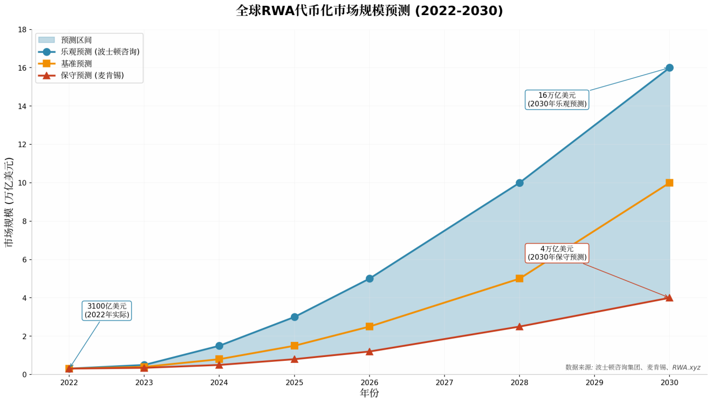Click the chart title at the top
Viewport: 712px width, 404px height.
369,11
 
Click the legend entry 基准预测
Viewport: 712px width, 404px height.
76,64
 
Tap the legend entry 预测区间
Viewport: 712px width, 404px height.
76,40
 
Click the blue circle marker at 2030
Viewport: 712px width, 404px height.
669,68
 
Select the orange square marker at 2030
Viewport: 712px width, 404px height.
669,183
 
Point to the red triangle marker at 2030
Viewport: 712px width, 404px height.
669,298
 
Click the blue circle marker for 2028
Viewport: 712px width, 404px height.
519,183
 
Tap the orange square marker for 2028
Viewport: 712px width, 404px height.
519,279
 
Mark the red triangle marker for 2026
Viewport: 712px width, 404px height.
369,352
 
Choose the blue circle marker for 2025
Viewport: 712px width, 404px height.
295,317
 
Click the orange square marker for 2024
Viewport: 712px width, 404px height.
219,359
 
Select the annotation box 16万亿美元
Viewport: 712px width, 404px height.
557,99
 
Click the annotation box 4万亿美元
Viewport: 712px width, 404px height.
557,253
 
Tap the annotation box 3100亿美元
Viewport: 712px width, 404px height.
107,311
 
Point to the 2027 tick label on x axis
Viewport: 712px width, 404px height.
444,382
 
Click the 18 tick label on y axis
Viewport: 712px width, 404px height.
22,30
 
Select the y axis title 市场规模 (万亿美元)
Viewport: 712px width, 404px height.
9,202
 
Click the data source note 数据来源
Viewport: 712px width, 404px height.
633,367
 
